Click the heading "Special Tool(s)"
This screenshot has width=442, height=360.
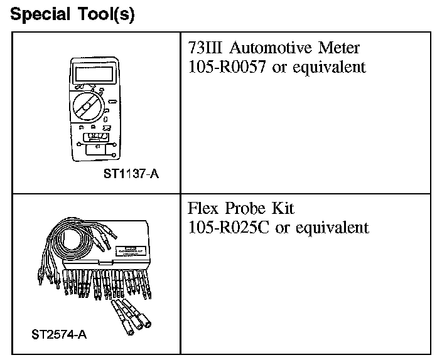pyautogui.click(x=73, y=14)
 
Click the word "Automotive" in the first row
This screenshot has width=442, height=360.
pyautogui.click(x=265, y=48)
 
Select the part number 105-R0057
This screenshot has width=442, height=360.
pyautogui.click(x=229, y=67)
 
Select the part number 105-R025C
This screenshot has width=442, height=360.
pyautogui.click(x=229, y=227)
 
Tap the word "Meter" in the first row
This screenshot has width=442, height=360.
pyautogui.click(x=338, y=48)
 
